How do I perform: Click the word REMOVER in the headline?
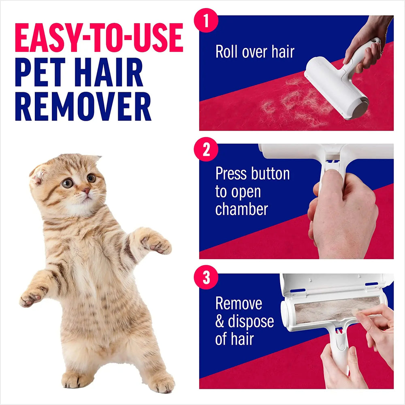pyautogui.click(x=83, y=107)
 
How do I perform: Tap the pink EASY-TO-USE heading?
pyautogui.click(x=99, y=38)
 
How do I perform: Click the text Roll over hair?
pyautogui.click(x=255, y=52)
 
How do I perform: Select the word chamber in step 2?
pyautogui.click(x=241, y=209)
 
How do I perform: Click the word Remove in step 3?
pyautogui.click(x=239, y=303)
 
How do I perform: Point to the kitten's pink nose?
pyautogui.click(x=86, y=190)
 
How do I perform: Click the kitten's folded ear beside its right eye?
pyautogui.click(x=38, y=172)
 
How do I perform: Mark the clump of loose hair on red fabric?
pyautogui.click(x=292, y=101)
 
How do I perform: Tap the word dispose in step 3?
pyautogui.click(x=250, y=322)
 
